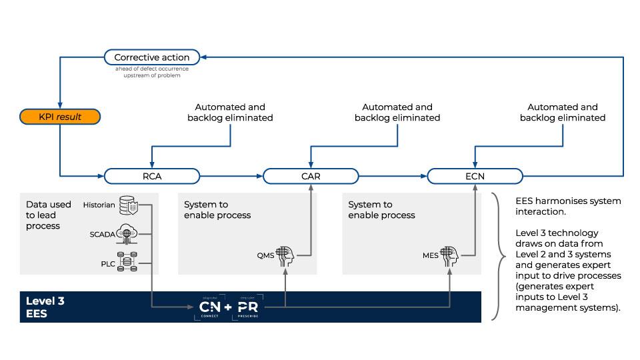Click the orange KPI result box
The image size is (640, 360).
(60, 117)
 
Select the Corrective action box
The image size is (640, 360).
(151, 57)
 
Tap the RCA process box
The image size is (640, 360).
(152, 177)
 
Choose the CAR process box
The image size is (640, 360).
(311, 177)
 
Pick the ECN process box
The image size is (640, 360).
(475, 177)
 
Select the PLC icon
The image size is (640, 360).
(127, 263)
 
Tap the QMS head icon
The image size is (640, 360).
(285, 255)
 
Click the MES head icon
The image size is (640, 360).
(450, 255)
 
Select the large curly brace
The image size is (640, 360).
(497, 257)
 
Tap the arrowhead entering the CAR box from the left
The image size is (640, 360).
(260, 177)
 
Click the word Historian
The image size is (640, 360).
(99, 205)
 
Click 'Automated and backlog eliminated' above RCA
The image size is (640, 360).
(229, 112)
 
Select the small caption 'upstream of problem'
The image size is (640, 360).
(151, 75)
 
